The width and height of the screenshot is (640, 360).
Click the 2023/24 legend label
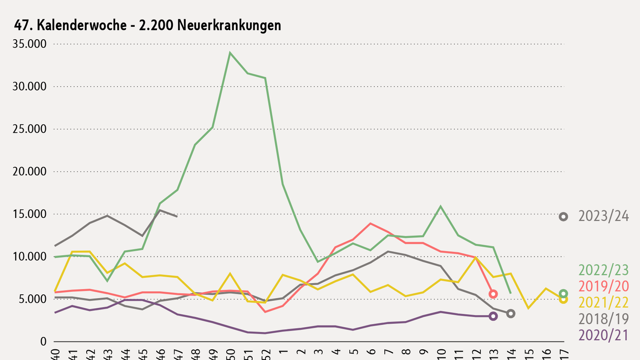pos(603,216)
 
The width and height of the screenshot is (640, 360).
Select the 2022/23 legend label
pos(603,270)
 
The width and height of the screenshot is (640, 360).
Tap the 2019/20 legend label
pos(603,286)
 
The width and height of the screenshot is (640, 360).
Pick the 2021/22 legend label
pos(603,302)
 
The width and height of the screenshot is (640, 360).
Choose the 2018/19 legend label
pos(603,319)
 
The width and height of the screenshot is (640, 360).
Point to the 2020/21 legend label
pos(603,335)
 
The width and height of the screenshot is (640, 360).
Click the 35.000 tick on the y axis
pos(29,44)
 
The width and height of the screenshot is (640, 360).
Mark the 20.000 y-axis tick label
pos(29,171)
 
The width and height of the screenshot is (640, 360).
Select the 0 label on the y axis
pos(43,341)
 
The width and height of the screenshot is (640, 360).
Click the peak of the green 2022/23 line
pos(230,53)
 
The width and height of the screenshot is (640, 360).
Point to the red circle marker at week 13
pos(493,294)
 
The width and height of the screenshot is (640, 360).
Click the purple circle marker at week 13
pos(493,316)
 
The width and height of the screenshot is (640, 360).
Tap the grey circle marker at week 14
pos(511,314)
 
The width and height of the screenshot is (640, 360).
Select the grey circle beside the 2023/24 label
pos(563,217)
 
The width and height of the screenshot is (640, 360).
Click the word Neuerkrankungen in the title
pos(229,26)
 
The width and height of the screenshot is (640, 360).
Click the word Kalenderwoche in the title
pos(81,26)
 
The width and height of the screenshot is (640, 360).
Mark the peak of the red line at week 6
pos(370,223)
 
